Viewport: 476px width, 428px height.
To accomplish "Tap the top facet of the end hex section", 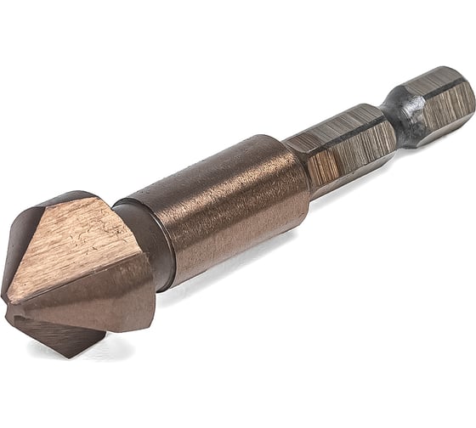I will pos(429,78).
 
